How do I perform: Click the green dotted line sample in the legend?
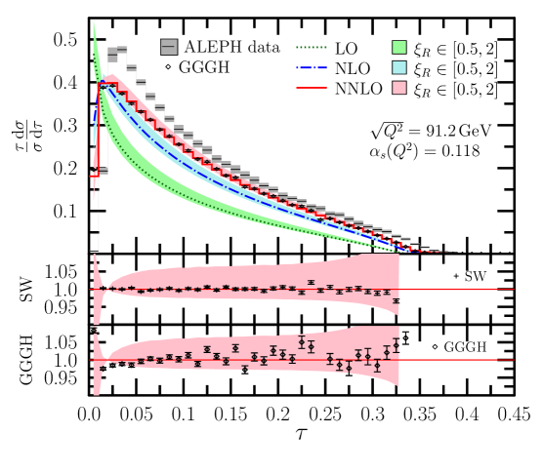[312, 47]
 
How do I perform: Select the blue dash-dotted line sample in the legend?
[312, 67]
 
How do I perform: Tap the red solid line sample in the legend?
[312, 88]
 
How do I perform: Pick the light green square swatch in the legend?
[399, 47]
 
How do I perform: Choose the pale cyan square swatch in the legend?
[399, 67]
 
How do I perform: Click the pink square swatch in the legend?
[399, 88]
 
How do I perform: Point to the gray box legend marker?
[169, 47]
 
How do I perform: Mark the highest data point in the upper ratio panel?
[311, 283]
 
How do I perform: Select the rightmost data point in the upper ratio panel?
[396, 301]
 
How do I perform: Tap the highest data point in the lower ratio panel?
[302, 342]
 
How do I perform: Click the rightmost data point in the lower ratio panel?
[397, 345]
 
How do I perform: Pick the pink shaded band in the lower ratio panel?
[293, 375]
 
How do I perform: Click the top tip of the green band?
[94, 23]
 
